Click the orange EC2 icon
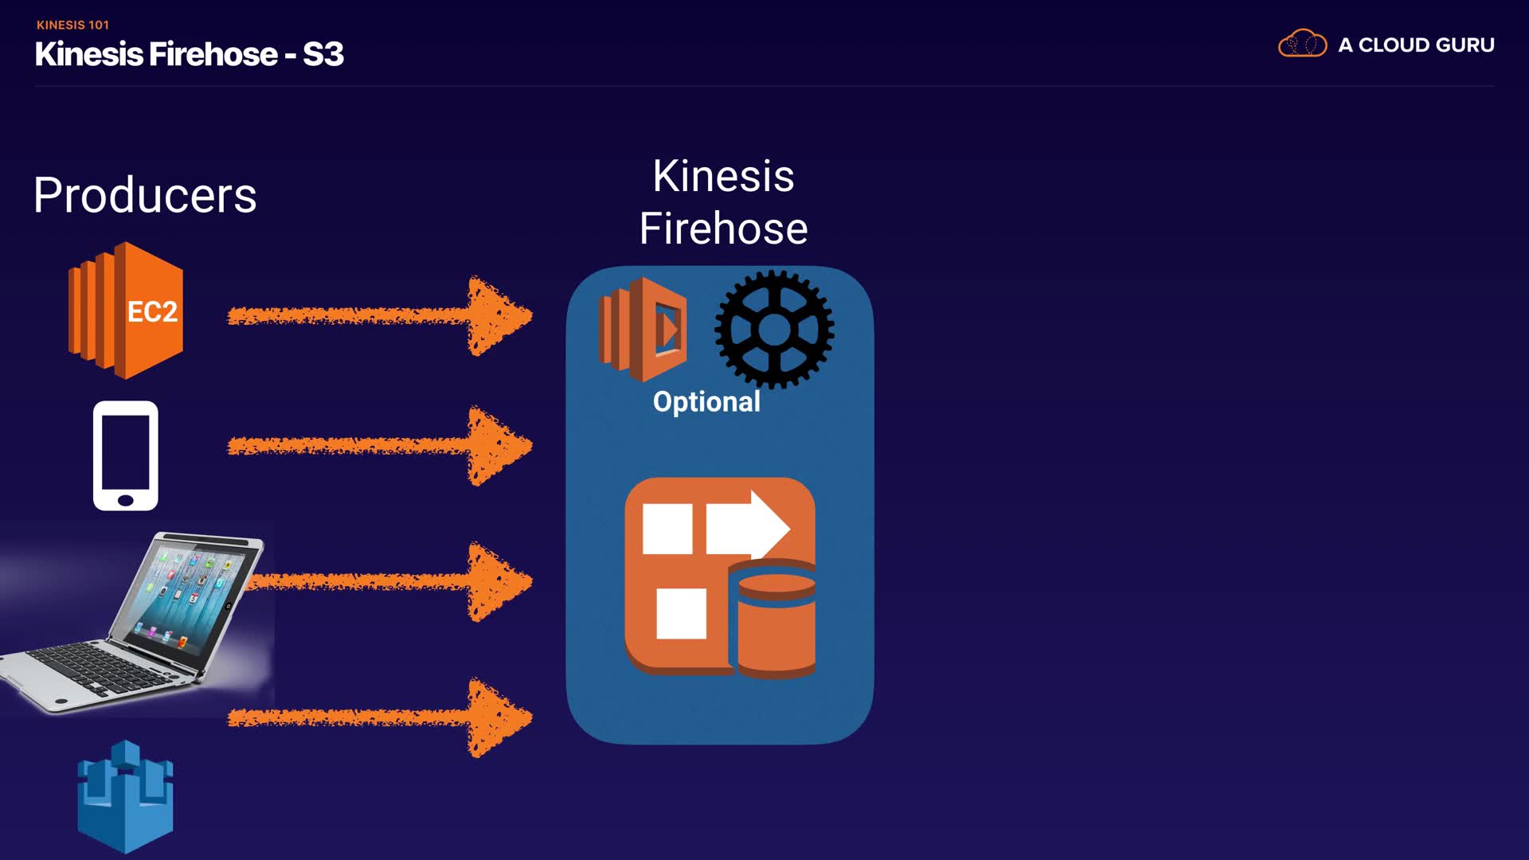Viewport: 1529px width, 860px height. pos(126,311)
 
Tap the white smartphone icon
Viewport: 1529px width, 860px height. pos(126,455)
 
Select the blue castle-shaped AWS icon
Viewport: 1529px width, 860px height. pos(126,796)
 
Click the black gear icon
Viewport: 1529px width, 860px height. pos(774,330)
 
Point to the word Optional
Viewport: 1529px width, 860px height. pos(706,401)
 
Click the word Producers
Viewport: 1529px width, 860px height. pos(145,196)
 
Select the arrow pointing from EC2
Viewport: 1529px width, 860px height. pos(380,316)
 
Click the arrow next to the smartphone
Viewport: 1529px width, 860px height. pos(380,446)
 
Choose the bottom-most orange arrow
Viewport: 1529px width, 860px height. pos(380,717)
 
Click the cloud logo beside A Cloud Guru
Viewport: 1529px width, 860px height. pos(1302,44)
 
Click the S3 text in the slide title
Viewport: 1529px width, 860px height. pos(323,54)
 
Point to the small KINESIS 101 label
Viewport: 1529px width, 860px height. pos(72,25)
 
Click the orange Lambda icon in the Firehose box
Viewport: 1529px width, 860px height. pos(643,329)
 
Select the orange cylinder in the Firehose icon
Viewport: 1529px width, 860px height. pos(776,621)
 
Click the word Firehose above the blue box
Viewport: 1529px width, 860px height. pos(723,229)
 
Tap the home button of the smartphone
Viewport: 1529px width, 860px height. pos(126,500)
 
